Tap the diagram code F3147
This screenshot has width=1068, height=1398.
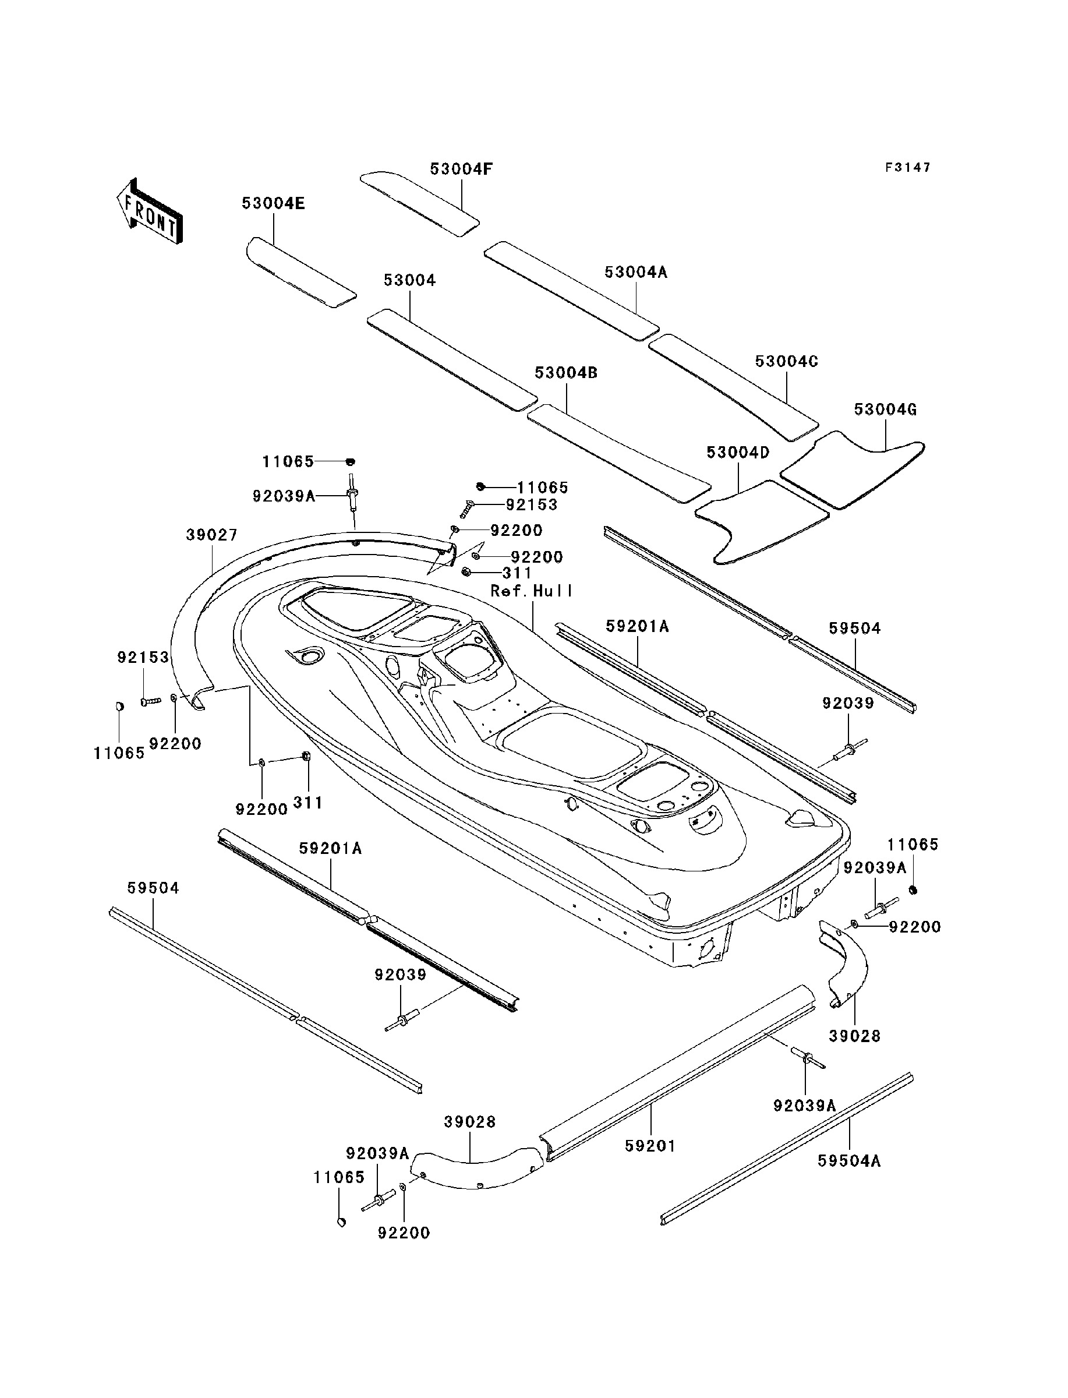point(908,167)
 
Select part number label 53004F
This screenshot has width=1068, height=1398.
point(462,169)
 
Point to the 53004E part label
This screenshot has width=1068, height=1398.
point(273,203)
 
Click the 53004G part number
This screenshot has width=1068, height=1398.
point(885,409)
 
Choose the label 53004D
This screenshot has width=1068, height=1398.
point(738,453)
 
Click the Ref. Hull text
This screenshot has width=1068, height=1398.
point(532,591)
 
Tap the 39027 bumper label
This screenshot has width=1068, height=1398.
point(212,535)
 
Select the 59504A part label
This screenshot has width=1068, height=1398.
point(849,1161)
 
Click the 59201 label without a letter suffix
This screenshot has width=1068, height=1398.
point(650,1146)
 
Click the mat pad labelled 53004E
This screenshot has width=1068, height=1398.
point(299,273)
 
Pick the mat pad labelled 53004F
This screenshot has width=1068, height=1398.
point(419,203)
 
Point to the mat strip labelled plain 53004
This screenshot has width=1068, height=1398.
point(451,360)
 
